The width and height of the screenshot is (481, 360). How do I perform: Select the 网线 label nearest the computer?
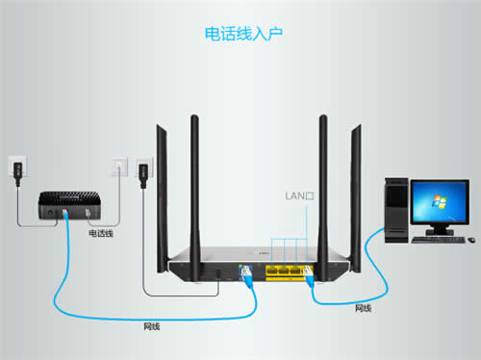coord(363,308)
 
